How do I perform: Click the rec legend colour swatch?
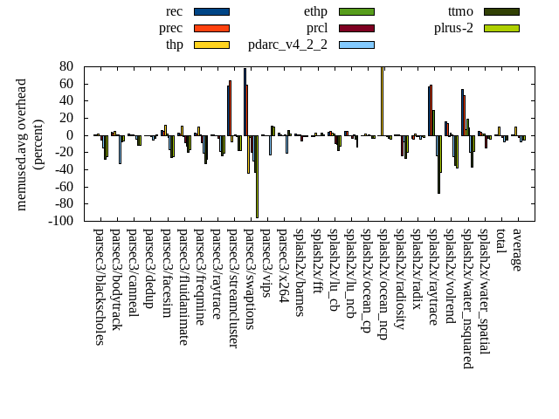[211, 11]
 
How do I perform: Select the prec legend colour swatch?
[211, 28]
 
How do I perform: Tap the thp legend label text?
[173, 45]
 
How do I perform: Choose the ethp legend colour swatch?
[356, 11]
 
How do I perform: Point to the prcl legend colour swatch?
[356, 28]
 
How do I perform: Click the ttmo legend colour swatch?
[501, 11]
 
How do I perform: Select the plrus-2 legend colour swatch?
[501, 28]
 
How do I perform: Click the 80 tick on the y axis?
[66, 66]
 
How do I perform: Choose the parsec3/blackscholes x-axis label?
[99, 286]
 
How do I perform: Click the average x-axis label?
[518, 250]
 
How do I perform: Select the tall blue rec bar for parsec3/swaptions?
[245, 101]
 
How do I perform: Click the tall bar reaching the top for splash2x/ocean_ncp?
[382, 100]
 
